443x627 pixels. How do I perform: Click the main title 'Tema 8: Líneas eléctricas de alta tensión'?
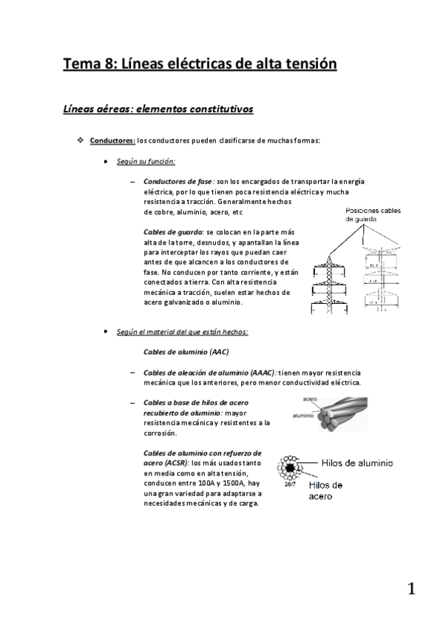(200, 64)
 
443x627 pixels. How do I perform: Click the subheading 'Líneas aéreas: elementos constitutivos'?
(158, 109)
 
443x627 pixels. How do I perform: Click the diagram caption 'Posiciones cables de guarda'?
(373, 215)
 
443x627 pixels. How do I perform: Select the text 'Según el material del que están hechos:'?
(182, 332)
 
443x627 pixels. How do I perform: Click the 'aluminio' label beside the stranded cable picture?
(305, 416)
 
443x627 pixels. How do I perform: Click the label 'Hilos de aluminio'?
(356, 463)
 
